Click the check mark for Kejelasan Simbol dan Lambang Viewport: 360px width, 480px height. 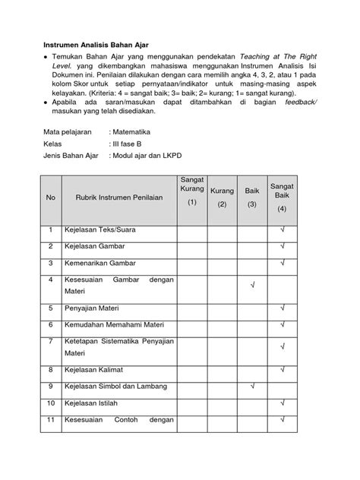[x=251, y=387]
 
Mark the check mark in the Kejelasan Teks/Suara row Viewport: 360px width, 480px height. [x=282, y=229]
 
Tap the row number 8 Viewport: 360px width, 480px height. [x=51, y=370]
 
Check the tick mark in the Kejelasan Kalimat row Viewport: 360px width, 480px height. [x=282, y=370]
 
